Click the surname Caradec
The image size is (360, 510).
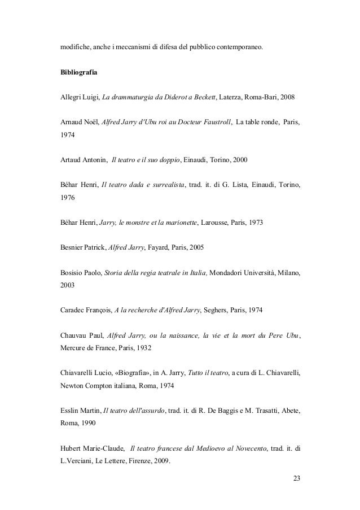(x=74, y=311)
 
